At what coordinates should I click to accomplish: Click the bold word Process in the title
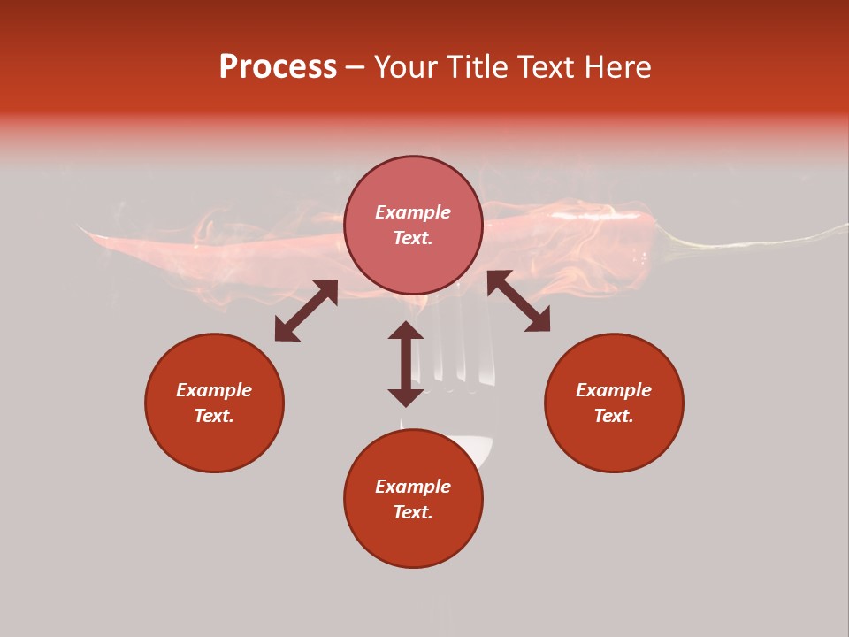(278, 67)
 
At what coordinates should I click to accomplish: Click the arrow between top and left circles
(306, 311)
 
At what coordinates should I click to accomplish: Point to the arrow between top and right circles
(518, 301)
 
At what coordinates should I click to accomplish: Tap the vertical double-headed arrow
(406, 364)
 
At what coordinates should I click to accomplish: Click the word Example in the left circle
(214, 390)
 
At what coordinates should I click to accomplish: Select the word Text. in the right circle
(614, 416)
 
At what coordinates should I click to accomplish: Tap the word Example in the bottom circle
(413, 487)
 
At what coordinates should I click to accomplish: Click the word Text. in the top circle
(413, 238)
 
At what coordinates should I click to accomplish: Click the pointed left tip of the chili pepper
(82, 229)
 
